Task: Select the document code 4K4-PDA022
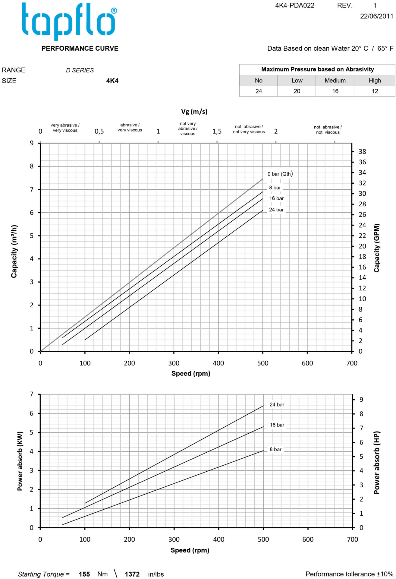[x=294, y=5]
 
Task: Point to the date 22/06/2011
[x=376, y=16]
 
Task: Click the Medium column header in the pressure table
[x=335, y=81]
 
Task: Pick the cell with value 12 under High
[x=375, y=91]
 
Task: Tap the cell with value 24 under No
[x=259, y=91]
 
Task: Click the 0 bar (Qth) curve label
[x=280, y=174]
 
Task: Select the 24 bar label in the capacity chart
[x=276, y=210]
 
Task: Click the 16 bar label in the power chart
[x=277, y=425]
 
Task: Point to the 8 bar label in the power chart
[x=275, y=449]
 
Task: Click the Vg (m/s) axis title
[x=194, y=112]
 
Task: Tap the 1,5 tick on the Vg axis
[x=217, y=131]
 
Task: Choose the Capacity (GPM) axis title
[x=377, y=248]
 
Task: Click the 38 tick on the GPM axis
[x=362, y=152]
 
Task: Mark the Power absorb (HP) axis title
[x=377, y=462]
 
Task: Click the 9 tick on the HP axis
[x=361, y=400]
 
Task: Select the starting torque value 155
[x=84, y=574]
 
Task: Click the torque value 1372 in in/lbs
[x=132, y=574]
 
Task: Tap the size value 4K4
[x=112, y=81]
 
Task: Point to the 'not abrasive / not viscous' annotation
[x=328, y=130]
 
